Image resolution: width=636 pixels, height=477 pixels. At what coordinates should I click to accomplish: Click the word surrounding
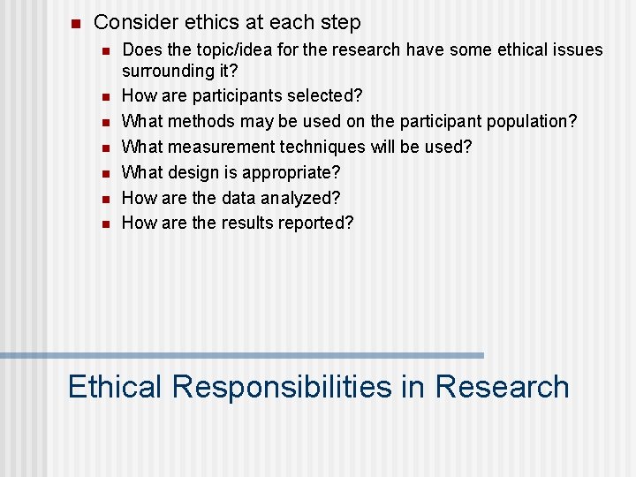pyautogui.click(x=165, y=70)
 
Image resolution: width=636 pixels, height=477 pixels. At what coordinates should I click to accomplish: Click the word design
pyautogui.click(x=193, y=172)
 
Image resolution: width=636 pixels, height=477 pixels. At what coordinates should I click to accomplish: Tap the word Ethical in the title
pyautogui.click(x=115, y=387)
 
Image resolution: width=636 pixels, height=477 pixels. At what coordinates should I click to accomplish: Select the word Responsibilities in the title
pyautogui.click(x=282, y=387)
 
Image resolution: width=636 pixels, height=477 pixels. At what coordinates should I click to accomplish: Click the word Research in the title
pyautogui.click(x=502, y=387)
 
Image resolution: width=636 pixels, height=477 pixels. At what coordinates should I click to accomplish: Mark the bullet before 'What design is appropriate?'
pyautogui.click(x=104, y=173)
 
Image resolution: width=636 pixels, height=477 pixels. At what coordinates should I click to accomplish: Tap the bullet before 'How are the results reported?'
pyautogui.click(x=104, y=224)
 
